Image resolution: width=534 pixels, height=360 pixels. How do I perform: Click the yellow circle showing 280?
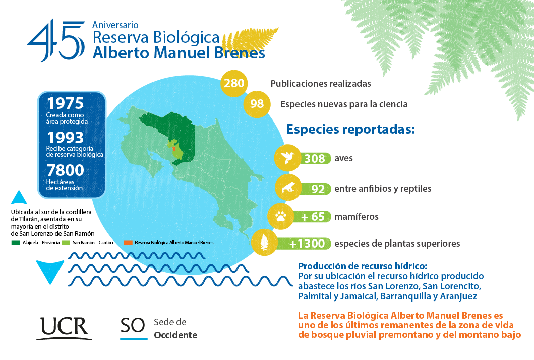[x=234, y=83]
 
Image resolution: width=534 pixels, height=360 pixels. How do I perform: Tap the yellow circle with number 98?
[x=257, y=104]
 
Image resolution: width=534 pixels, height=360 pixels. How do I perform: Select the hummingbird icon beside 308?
[x=287, y=158]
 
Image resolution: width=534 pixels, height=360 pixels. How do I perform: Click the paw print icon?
[x=281, y=216]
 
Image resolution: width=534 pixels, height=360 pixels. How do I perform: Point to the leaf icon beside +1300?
[x=264, y=243]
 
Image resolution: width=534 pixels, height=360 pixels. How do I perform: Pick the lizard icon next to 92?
[x=288, y=188]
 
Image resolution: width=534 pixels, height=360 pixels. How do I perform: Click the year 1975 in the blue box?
[x=66, y=103]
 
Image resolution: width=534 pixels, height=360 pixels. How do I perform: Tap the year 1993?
[x=66, y=138]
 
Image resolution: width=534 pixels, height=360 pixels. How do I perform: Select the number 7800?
[x=66, y=170]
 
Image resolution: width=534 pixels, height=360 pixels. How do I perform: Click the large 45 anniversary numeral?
[x=56, y=40]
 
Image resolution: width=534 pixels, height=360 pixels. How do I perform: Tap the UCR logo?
[x=64, y=328]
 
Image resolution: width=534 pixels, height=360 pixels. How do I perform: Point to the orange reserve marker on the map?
[x=174, y=149]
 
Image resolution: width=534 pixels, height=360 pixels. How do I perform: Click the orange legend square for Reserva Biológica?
[x=128, y=243]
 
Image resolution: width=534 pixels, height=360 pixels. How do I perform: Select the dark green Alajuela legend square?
[x=16, y=243]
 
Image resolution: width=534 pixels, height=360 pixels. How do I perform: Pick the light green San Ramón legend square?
[x=66, y=243]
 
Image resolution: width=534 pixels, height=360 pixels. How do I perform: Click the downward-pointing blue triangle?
[x=50, y=270]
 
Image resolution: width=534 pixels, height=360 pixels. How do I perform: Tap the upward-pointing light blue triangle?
[x=19, y=198]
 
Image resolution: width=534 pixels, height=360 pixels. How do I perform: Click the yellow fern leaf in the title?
[x=250, y=41]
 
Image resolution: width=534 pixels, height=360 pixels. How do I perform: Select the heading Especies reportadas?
[x=350, y=130]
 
